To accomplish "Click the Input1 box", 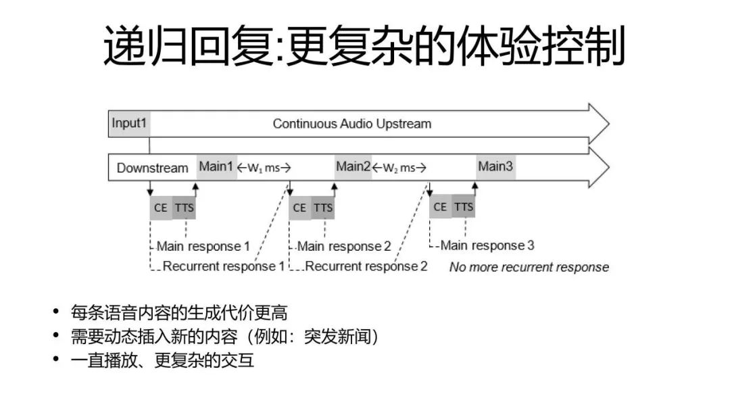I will [x=129, y=124].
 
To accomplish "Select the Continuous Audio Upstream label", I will [x=351, y=124].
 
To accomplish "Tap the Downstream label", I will [x=152, y=168].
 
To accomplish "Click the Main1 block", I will [x=216, y=167].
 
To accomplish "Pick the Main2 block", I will [x=354, y=167].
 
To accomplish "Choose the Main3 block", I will [x=495, y=167].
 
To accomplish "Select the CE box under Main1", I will [x=161, y=208].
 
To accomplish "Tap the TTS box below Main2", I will [x=323, y=208].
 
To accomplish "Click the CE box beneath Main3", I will [x=440, y=206].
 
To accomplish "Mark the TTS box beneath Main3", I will [x=464, y=206].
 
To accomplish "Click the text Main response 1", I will [x=203, y=246].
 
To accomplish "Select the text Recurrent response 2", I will [x=366, y=266].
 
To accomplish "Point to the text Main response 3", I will [x=487, y=245].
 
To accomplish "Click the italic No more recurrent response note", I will [x=529, y=267].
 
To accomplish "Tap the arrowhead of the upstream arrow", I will [x=599, y=124].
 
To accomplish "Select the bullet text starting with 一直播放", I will [x=162, y=360].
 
